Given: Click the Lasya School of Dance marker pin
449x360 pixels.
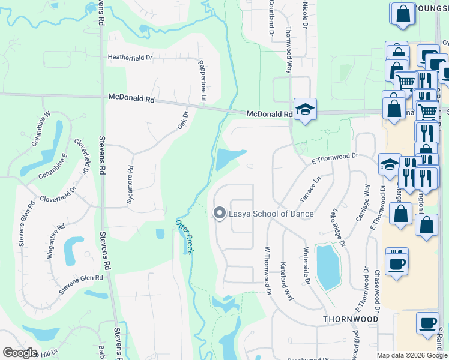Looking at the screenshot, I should click(x=220, y=213).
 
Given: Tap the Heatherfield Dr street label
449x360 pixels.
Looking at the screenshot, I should click(x=130, y=58).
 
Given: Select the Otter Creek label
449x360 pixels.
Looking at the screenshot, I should click(x=184, y=236).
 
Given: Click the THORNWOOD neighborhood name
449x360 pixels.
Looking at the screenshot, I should click(x=351, y=319).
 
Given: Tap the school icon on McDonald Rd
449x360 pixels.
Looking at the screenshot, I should click(x=305, y=110).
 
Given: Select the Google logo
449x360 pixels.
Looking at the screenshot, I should click(x=20, y=353).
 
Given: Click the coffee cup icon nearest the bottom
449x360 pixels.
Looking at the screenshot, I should click(x=427, y=323).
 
